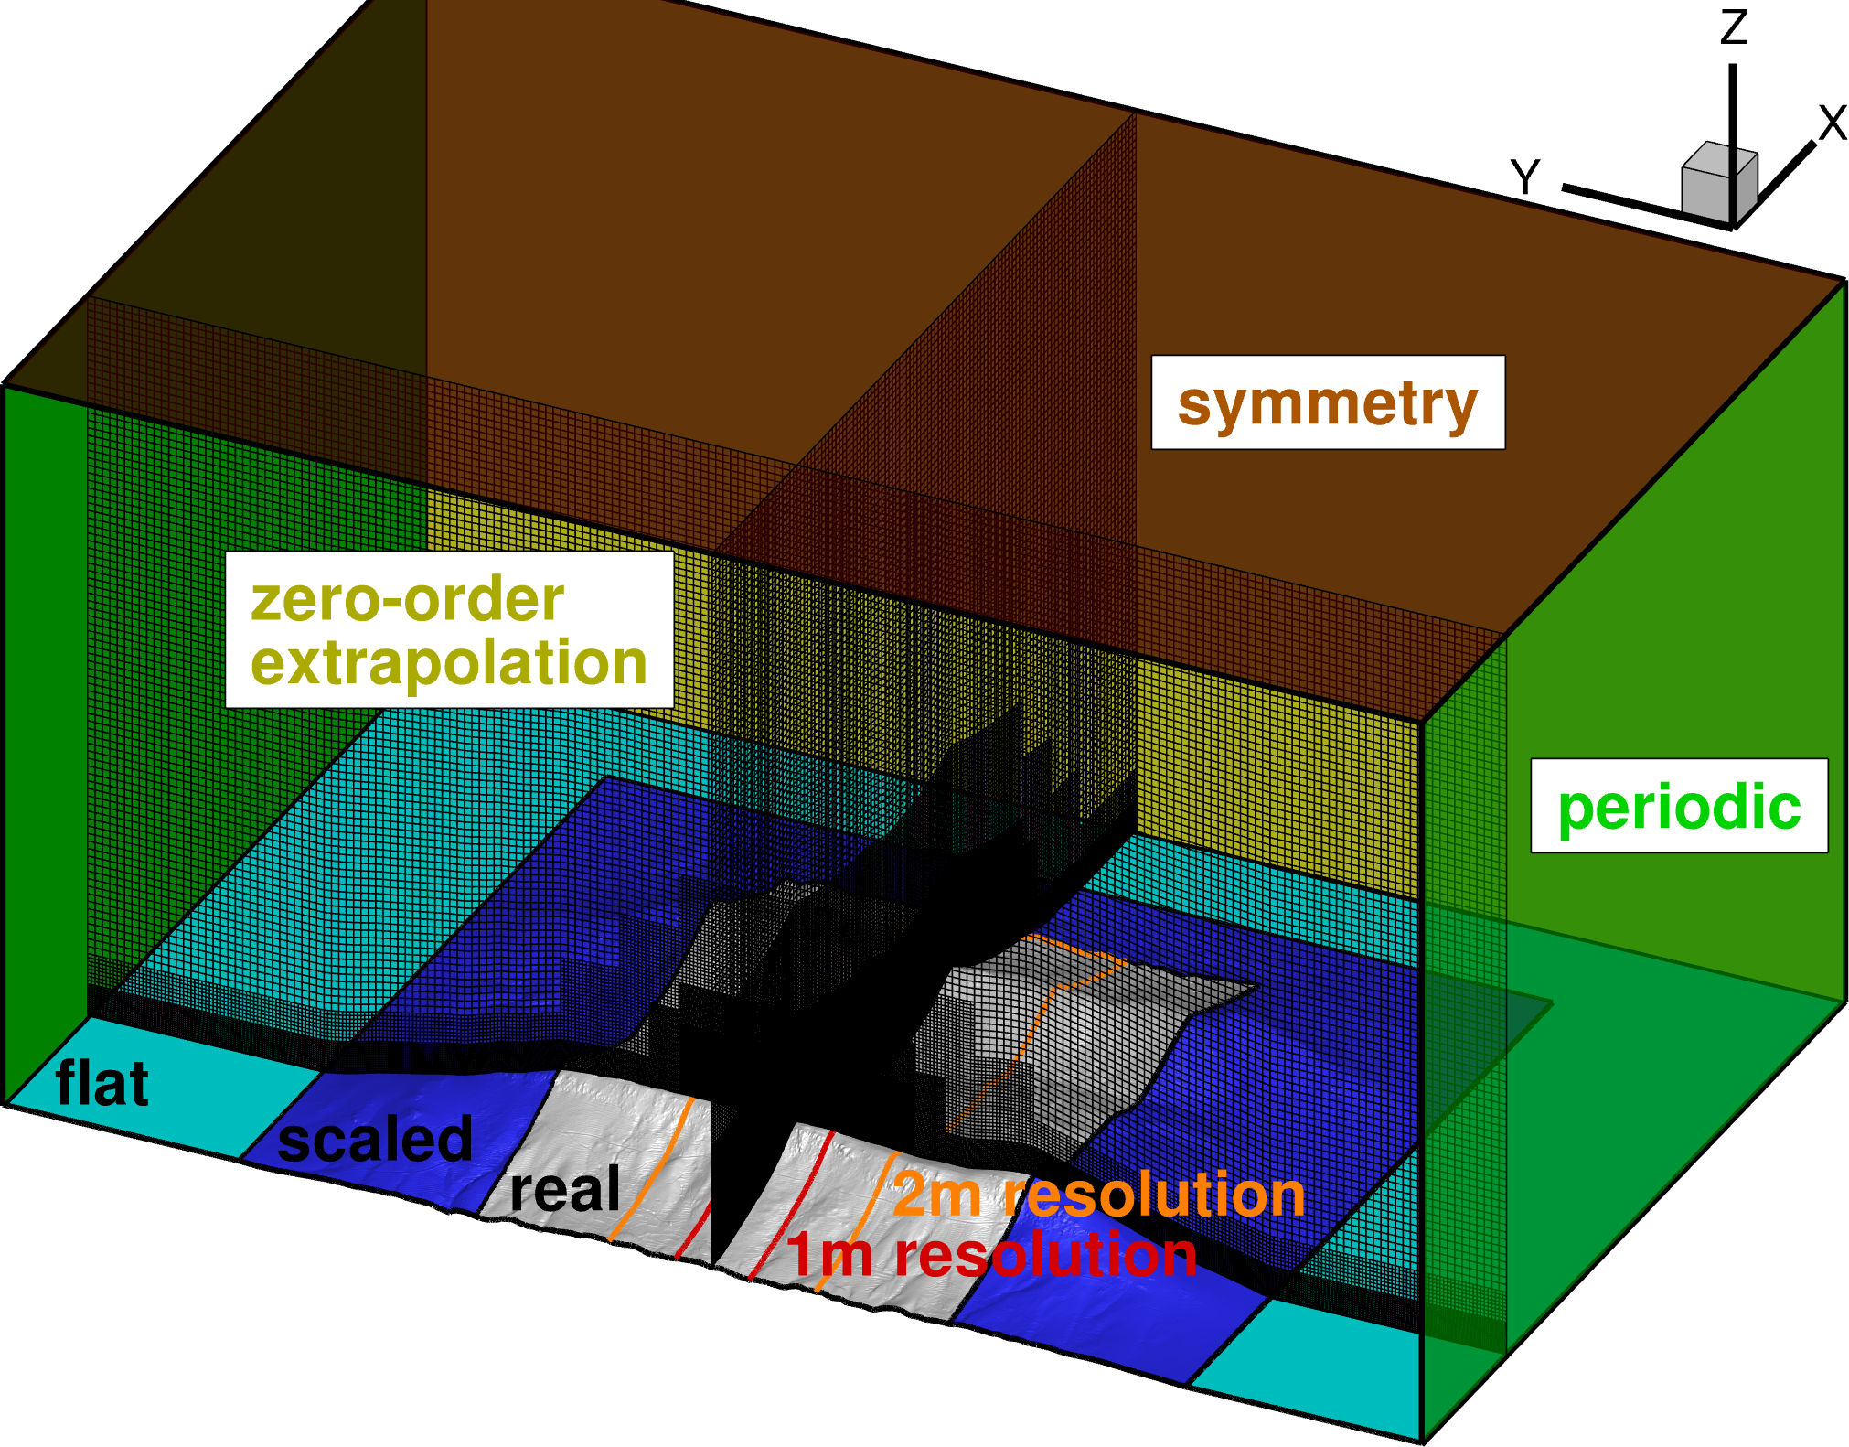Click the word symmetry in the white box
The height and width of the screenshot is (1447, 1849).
1327,403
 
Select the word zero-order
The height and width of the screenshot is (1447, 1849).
408,600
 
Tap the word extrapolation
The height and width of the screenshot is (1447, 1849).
449,662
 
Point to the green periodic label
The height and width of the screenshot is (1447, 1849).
1679,807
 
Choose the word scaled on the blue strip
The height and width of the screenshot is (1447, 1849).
375,1140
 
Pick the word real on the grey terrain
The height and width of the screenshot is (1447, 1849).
565,1189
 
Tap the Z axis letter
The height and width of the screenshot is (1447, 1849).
1734,27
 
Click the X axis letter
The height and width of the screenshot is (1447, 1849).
1833,123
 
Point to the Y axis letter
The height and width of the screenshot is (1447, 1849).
1525,177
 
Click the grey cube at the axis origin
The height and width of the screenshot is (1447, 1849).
1717,183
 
